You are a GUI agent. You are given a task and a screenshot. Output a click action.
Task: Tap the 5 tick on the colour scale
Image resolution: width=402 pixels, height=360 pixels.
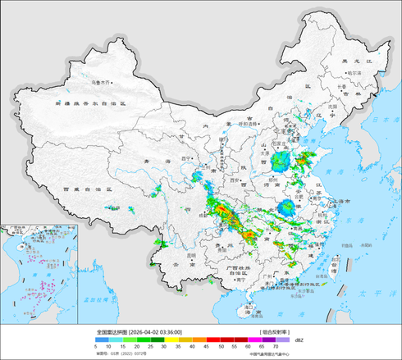point(97,347)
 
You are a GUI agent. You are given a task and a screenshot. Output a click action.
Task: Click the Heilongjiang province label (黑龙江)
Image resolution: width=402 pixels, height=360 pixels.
point(354,61)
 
